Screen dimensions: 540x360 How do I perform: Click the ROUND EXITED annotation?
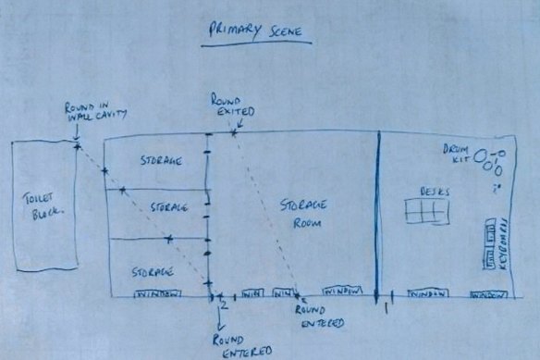tap(228, 105)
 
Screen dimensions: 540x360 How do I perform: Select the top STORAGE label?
tap(160, 159)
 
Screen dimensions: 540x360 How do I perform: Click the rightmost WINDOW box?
tap(489, 295)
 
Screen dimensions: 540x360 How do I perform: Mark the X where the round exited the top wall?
tap(235, 132)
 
